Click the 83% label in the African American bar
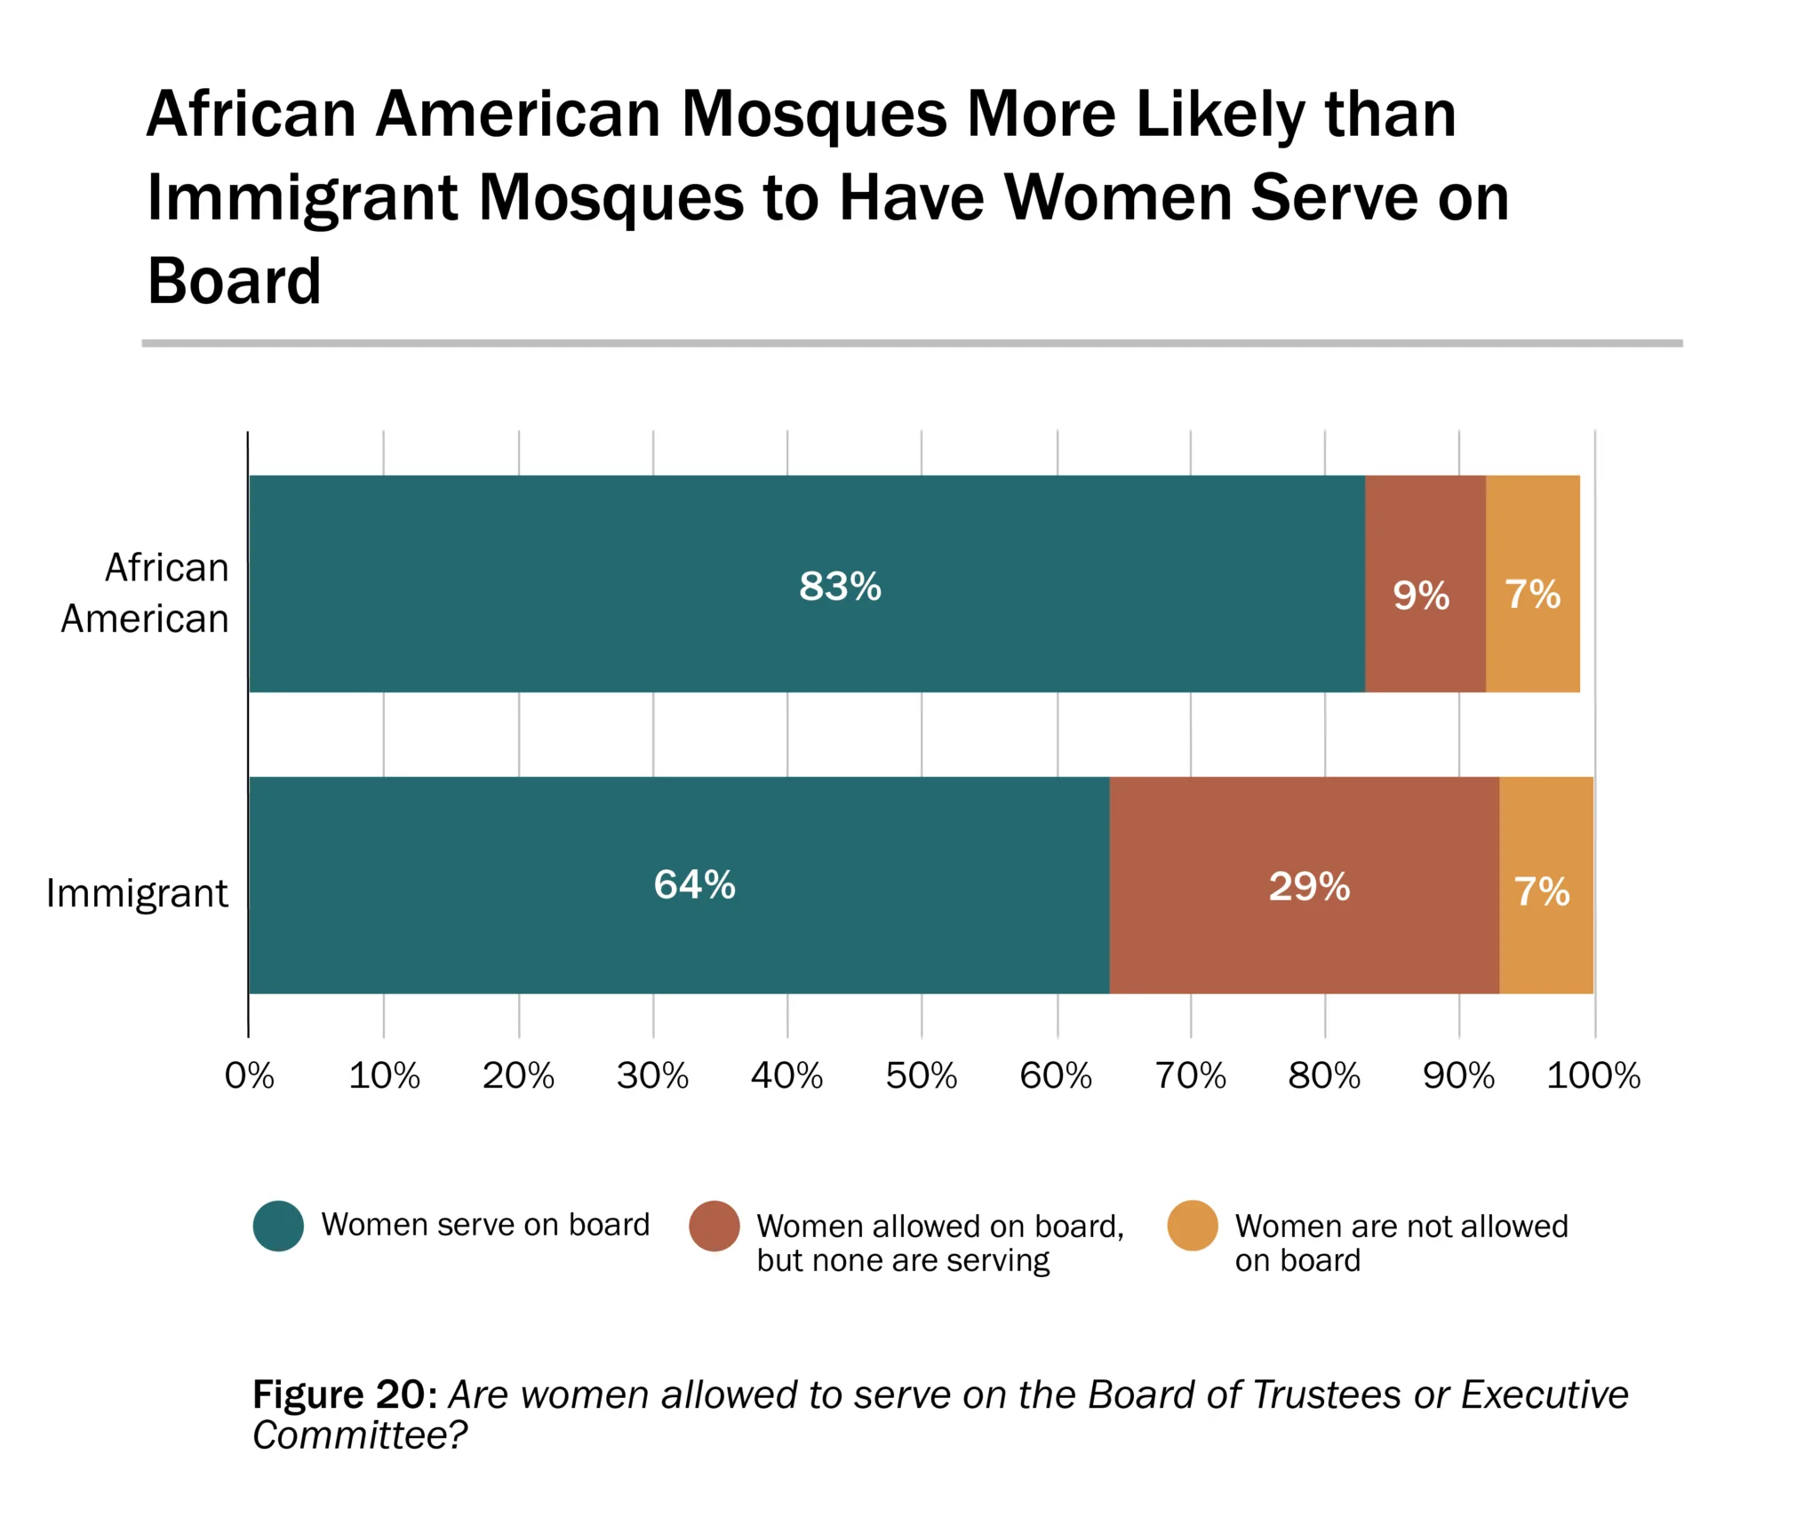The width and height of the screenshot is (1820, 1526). pos(840,587)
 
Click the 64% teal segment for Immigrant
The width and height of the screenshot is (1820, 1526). pos(695,885)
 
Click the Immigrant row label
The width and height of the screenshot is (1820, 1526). pos(137,893)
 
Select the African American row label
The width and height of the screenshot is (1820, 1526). pos(145,593)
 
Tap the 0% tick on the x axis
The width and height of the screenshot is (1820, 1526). pos(250,1076)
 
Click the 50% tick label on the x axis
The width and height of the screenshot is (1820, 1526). pos(922,1076)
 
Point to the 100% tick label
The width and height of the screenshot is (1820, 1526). pos(1593,1076)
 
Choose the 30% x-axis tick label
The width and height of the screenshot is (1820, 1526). pos(652,1076)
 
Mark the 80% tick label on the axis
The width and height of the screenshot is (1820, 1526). pos(1324,1076)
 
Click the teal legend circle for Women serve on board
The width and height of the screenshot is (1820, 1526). pos(279,1226)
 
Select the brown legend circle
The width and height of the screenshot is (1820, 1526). pos(714,1226)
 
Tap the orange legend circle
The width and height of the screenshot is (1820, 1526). pos(1193,1226)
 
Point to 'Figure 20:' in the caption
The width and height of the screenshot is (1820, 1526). pos(345,1395)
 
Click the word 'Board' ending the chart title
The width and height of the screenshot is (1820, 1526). pos(234,281)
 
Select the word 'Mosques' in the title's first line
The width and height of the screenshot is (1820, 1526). pos(814,115)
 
